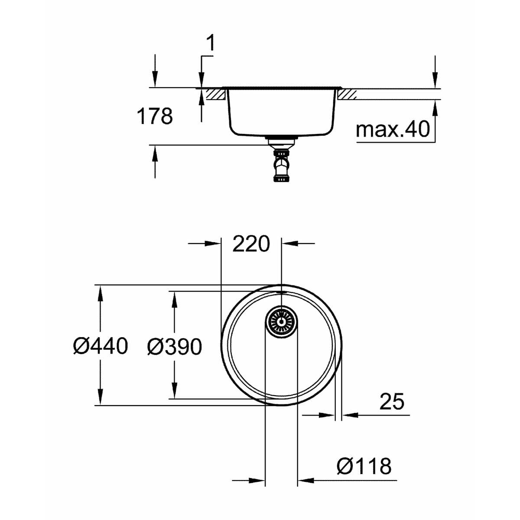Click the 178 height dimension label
tap(155, 116)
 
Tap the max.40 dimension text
tap(392, 129)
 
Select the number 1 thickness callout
tap(211, 44)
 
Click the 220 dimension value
tap(251, 244)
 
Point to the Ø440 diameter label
tap(101, 346)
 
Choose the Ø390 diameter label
tap(174, 347)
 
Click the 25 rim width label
tap(391, 401)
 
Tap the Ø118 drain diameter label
tap(364, 466)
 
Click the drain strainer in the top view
tap(281, 321)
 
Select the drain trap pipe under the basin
tap(281, 162)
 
